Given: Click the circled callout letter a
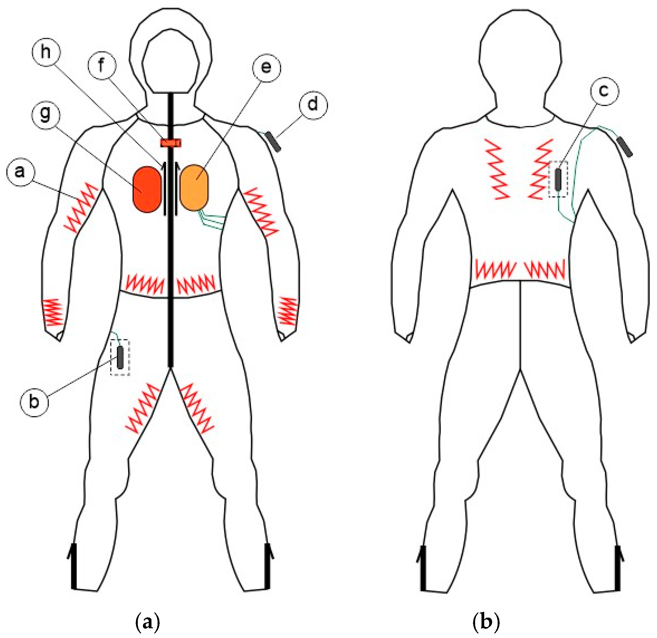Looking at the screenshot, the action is click(x=20, y=172).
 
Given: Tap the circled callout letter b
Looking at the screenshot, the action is click(x=34, y=401).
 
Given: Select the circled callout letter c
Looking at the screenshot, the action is click(x=604, y=91).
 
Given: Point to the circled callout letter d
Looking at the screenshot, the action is click(x=313, y=105).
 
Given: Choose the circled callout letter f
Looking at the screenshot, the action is click(x=102, y=66).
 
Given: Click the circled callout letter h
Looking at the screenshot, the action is click(x=46, y=53).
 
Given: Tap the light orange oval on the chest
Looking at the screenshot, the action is click(x=194, y=187).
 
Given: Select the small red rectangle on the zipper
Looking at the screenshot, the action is click(x=171, y=143).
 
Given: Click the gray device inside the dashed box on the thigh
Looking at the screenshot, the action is click(x=120, y=358).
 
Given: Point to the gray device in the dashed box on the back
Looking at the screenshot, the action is click(x=558, y=180).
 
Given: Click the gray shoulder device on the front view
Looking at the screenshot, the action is click(x=273, y=142).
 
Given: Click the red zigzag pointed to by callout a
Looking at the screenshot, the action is click(x=80, y=208).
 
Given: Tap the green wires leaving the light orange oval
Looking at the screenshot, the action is click(x=212, y=220).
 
